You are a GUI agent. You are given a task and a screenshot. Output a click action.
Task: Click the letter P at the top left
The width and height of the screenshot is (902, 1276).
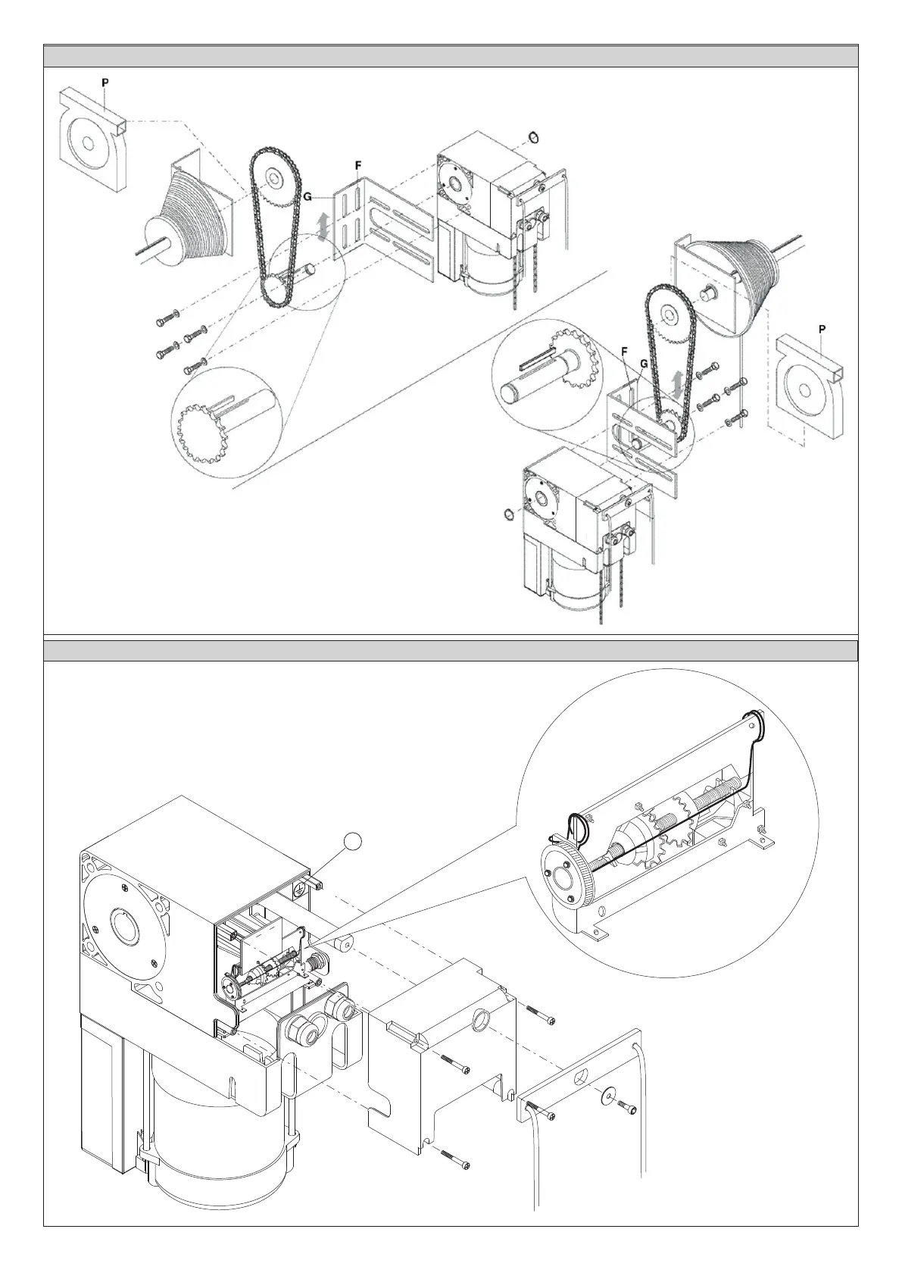click(105, 80)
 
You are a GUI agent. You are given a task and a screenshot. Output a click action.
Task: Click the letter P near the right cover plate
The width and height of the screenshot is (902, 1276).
click(822, 329)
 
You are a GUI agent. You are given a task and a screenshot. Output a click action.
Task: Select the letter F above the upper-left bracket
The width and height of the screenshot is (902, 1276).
click(357, 164)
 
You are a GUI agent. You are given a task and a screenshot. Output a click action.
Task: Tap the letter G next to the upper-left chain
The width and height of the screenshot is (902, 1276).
click(307, 196)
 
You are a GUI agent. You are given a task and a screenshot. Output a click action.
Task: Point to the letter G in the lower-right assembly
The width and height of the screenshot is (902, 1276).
click(643, 364)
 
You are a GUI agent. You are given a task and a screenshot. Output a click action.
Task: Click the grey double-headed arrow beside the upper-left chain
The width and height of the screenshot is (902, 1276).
click(323, 227)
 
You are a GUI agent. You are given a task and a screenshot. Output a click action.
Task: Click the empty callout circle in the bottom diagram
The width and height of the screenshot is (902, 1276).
click(352, 840)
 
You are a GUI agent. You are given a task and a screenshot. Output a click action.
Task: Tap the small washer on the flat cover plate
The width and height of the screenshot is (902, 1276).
click(607, 1094)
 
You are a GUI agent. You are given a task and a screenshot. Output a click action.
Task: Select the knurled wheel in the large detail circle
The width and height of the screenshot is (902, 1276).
click(564, 877)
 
